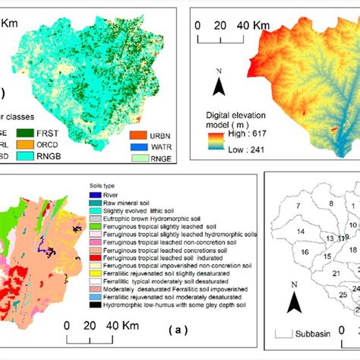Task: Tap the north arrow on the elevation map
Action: (218, 85)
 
